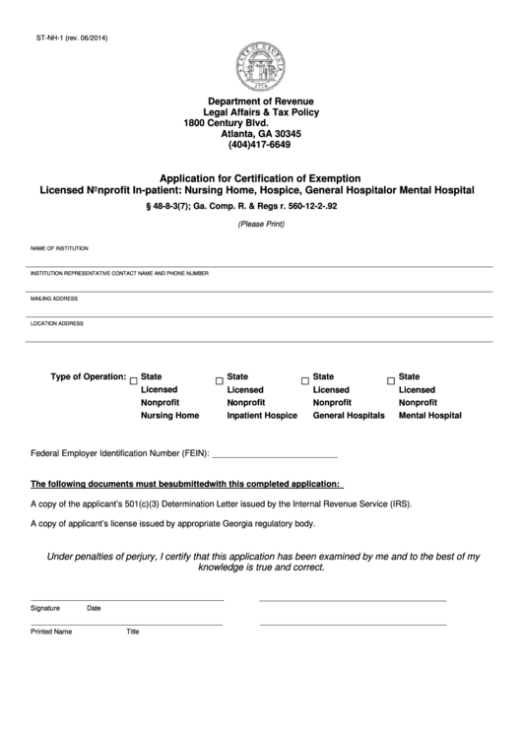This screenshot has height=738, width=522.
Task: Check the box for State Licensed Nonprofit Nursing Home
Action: click(x=134, y=379)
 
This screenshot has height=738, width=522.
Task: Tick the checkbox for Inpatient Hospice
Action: click(x=219, y=379)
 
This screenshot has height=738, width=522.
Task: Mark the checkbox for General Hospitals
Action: click(x=305, y=379)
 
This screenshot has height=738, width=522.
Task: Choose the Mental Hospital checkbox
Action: click(x=391, y=379)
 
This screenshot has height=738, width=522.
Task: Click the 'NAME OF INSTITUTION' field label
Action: click(x=59, y=248)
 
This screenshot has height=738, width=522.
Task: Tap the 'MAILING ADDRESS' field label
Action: click(x=54, y=298)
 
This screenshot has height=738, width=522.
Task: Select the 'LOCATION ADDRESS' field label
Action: click(x=57, y=323)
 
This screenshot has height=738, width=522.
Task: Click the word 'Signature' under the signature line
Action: click(x=45, y=608)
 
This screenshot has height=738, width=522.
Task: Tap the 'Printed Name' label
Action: click(x=51, y=632)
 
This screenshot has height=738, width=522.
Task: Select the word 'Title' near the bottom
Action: click(x=133, y=632)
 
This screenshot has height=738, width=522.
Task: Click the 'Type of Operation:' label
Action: click(x=88, y=376)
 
